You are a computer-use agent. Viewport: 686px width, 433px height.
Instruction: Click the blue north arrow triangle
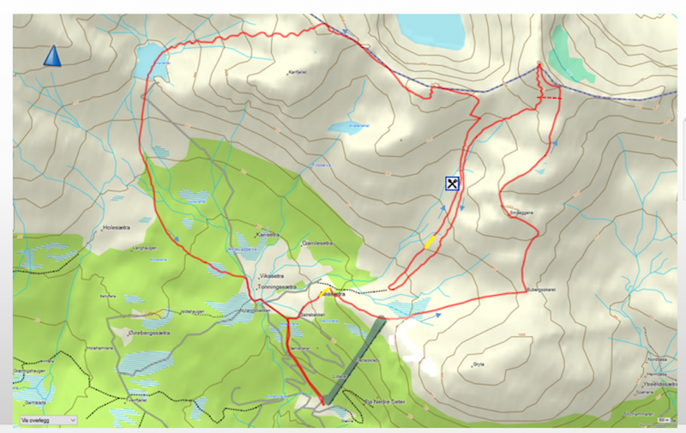(x=53, y=57)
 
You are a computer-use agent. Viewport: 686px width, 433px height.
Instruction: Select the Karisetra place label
(x=268, y=233)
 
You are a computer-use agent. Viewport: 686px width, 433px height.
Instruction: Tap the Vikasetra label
(x=271, y=276)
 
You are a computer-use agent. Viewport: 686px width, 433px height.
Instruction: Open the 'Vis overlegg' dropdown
(x=47, y=420)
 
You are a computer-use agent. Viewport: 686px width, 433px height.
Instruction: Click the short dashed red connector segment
(x=549, y=99)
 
